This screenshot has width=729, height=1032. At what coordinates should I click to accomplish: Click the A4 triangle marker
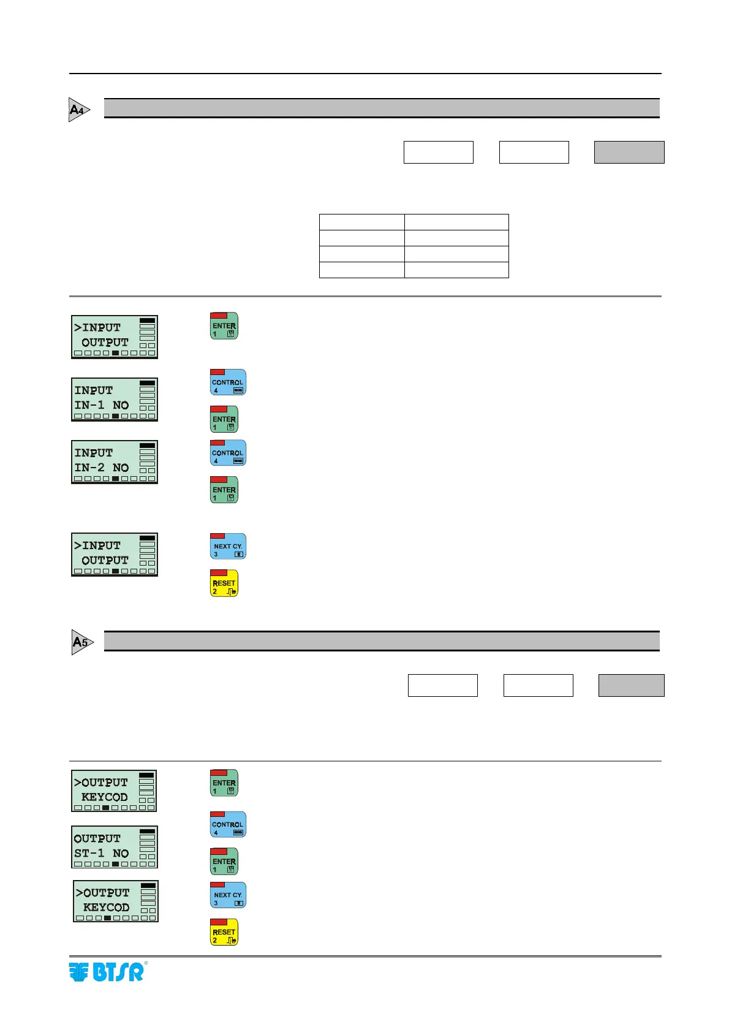(x=78, y=110)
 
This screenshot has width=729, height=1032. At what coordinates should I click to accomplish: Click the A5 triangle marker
(x=81, y=642)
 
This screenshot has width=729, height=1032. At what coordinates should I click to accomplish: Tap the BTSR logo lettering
(x=118, y=973)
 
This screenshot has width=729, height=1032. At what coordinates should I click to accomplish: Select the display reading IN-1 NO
(x=115, y=400)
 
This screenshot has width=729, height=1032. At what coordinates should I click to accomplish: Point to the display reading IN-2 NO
(x=115, y=462)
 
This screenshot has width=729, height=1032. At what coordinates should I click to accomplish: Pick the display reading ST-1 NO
(x=115, y=847)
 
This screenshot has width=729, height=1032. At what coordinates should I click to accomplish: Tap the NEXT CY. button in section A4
(x=228, y=546)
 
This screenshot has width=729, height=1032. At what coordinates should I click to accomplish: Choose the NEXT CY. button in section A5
(x=228, y=895)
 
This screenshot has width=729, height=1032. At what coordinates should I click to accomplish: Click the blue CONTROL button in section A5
(x=228, y=824)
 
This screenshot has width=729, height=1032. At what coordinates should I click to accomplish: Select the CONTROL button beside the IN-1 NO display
(x=228, y=382)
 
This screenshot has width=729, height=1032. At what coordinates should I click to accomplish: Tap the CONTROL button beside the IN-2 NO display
(x=228, y=453)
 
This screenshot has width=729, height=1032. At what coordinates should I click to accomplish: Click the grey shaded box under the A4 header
(x=629, y=152)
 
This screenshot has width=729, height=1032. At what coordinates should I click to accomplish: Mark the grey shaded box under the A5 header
(x=631, y=685)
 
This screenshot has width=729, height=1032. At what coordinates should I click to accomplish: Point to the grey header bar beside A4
(x=382, y=108)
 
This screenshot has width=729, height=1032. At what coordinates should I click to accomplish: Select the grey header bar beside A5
(x=382, y=641)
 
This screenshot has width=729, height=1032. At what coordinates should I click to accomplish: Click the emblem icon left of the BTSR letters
(x=79, y=973)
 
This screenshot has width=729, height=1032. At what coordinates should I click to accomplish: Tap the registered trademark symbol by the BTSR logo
(x=146, y=963)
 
